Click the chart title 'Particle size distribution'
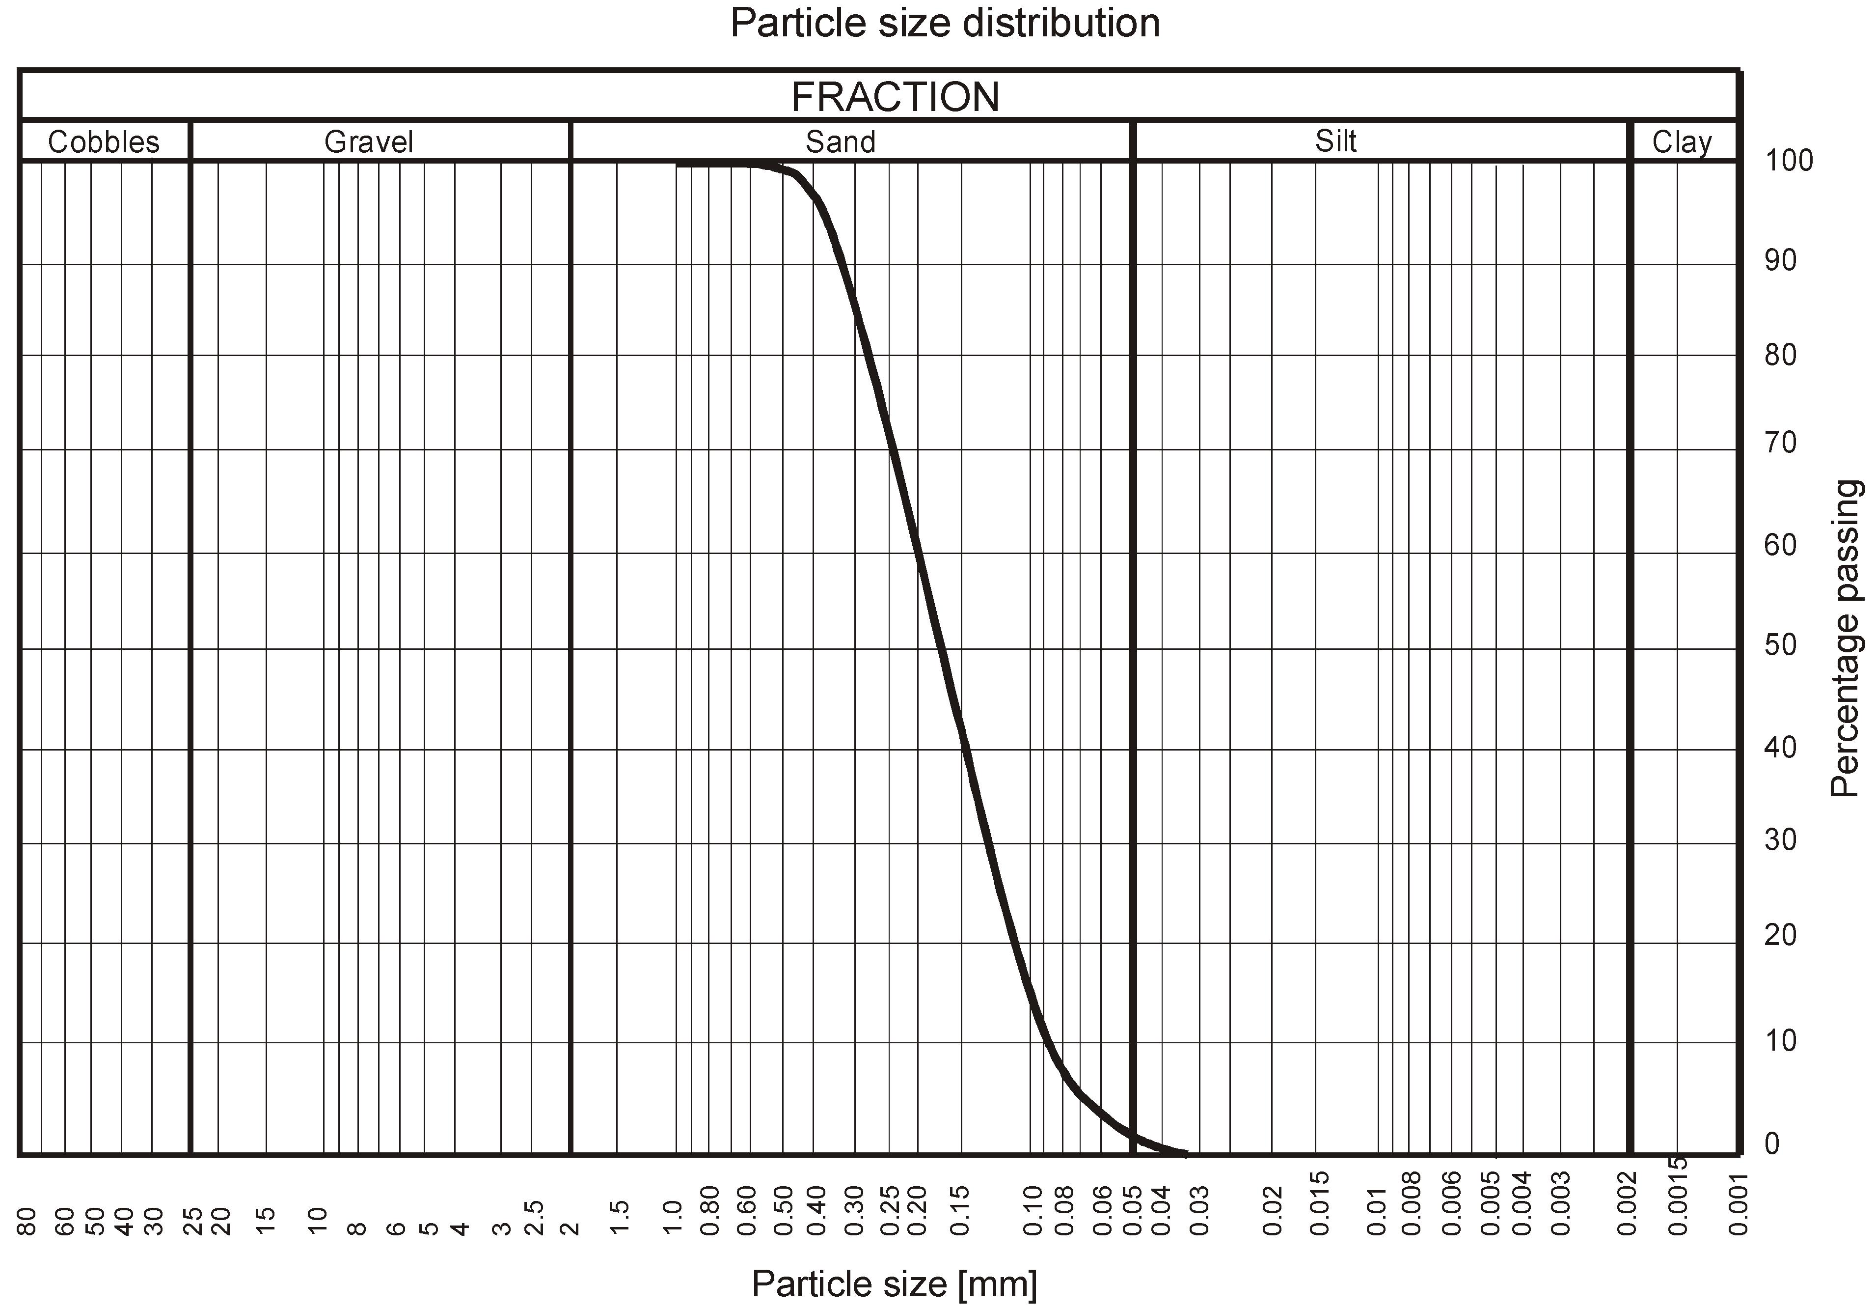(x=945, y=23)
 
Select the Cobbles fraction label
(x=104, y=142)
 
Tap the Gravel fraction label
(x=369, y=142)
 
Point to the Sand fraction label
(x=840, y=142)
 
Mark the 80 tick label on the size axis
(x=27, y=1222)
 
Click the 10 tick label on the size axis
(x=318, y=1220)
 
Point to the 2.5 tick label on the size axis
(x=534, y=1218)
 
